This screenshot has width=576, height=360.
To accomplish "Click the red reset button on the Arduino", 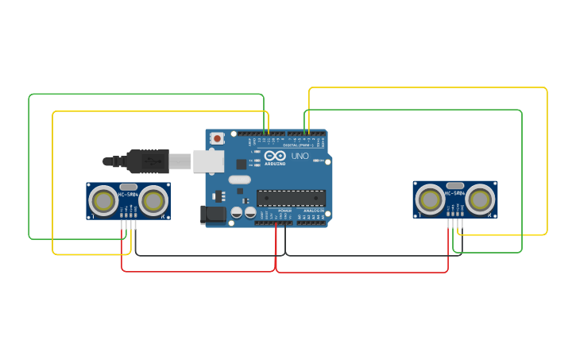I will click(x=217, y=139).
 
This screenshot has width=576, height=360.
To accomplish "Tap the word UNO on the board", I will click(x=300, y=157).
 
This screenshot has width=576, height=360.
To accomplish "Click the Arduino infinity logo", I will click(x=274, y=156).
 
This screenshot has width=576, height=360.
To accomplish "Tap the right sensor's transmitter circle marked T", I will click(x=430, y=199).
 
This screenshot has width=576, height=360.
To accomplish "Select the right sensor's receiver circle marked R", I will click(x=480, y=199).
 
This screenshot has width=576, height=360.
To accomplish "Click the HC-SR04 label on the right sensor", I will click(x=454, y=193).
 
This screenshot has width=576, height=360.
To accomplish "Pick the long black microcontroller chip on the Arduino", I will click(x=290, y=198).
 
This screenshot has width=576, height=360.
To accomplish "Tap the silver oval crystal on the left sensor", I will click(x=128, y=187).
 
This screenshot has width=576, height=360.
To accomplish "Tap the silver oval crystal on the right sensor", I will click(x=454, y=185).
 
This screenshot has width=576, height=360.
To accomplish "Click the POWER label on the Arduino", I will click(x=284, y=211).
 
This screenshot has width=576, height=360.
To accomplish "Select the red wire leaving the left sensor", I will click(x=122, y=246).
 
